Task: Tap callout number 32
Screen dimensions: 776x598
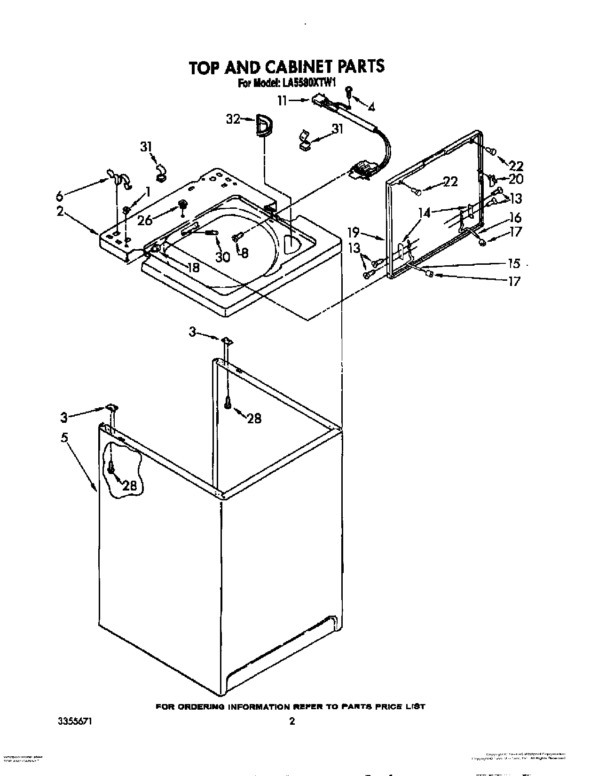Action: tap(233, 119)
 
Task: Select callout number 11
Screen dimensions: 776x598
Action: tap(282, 100)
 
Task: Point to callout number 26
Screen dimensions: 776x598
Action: tap(145, 220)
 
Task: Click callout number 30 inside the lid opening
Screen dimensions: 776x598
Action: tap(222, 257)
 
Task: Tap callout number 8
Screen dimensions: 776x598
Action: tap(244, 253)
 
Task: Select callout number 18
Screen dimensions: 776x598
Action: tap(193, 268)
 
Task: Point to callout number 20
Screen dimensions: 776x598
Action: tap(515, 179)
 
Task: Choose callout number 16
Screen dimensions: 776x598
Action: tap(515, 218)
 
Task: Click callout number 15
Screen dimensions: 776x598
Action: tap(515, 263)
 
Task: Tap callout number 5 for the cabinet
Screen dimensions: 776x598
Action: tap(64, 438)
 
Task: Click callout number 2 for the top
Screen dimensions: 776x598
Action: tap(60, 211)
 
